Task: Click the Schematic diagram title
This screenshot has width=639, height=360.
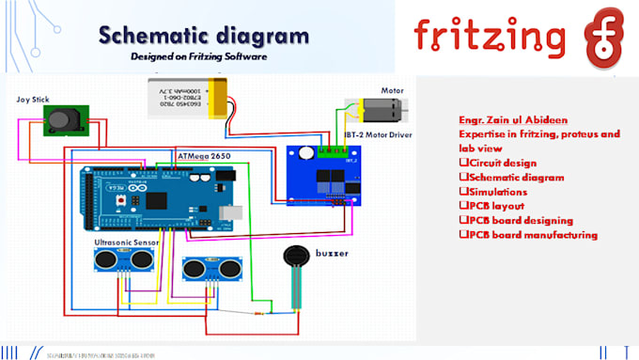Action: [x=203, y=37]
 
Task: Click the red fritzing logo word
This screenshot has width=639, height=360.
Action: [x=491, y=35]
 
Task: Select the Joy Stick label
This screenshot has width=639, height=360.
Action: [x=34, y=99]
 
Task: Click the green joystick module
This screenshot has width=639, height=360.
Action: [x=64, y=120]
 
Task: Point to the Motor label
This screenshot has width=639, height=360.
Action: [x=392, y=91]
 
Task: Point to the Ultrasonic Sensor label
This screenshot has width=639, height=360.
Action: [x=127, y=242]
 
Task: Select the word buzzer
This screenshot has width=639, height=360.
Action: [x=333, y=254]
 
